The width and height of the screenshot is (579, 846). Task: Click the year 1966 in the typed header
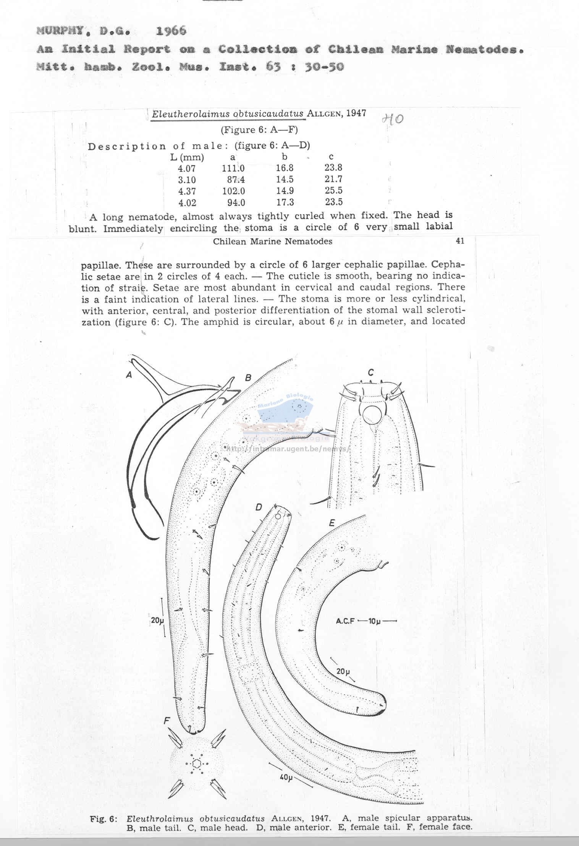click(x=171, y=31)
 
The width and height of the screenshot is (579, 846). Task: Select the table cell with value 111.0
click(x=233, y=168)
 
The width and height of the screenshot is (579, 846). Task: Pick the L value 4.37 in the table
click(x=187, y=191)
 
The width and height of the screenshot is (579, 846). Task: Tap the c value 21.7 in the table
click(x=333, y=179)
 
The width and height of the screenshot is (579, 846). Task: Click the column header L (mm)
click(x=187, y=157)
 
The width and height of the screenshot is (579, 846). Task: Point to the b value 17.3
click(x=285, y=202)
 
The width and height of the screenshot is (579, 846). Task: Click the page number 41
click(x=460, y=241)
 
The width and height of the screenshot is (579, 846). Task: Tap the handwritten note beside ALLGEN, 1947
click(x=392, y=119)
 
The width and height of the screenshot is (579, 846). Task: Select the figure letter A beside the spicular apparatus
click(x=129, y=375)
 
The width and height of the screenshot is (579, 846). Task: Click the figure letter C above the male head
click(x=370, y=373)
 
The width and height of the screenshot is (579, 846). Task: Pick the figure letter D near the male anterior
click(x=259, y=507)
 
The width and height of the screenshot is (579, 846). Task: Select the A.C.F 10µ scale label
click(x=366, y=621)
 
